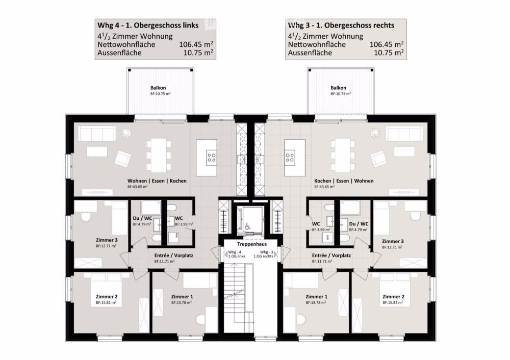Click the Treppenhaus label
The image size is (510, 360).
pos(249,244)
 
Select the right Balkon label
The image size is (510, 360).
pos(339,88)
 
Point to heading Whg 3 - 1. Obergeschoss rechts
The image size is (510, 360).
pos(341,25)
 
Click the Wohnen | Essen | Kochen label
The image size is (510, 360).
pos(157,181)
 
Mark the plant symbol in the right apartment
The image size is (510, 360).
pos(376,133)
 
